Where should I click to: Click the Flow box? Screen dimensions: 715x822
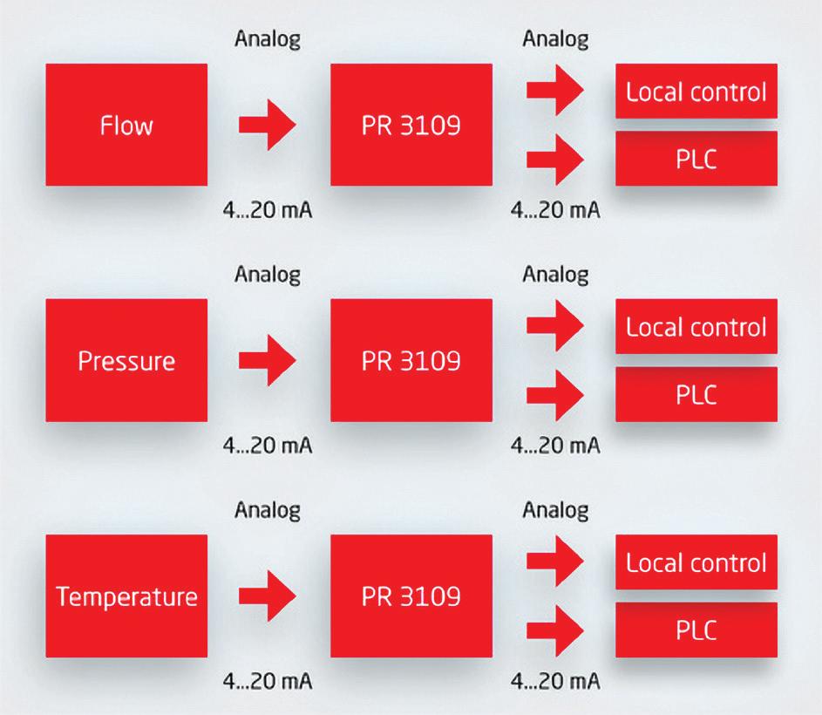[x=126, y=125]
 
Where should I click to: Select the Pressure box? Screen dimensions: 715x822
[x=126, y=360]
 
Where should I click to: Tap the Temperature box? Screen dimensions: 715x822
[x=126, y=596]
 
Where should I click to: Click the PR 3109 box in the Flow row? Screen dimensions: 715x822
[x=411, y=125]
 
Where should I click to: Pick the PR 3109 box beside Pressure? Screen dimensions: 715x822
[x=411, y=360]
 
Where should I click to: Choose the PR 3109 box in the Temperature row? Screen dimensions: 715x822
[x=411, y=596]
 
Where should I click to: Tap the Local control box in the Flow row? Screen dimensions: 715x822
[x=696, y=92]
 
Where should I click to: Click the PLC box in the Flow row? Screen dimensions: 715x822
[x=696, y=159]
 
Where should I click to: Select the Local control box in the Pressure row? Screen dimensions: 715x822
[x=696, y=327]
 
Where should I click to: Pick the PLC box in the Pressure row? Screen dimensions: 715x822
[x=696, y=393]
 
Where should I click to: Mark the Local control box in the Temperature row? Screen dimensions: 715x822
[x=696, y=562]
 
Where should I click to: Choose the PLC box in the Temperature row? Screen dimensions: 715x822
[x=696, y=630]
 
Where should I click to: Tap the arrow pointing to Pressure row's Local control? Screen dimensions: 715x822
[x=555, y=325]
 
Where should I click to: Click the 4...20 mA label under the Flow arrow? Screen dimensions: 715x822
[x=268, y=210]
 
